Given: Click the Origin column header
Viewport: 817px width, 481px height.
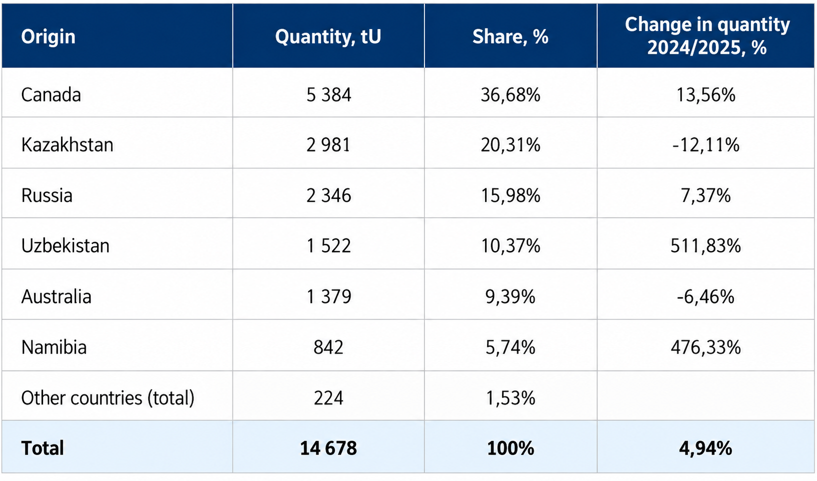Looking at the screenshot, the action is (48, 37).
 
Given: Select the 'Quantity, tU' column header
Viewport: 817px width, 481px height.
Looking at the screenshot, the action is (328, 37).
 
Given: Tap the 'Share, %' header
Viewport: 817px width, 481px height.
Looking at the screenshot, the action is (510, 36).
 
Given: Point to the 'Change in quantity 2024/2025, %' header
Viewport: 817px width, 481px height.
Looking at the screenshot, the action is (707, 35).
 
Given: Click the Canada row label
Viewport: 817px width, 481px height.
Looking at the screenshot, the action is (50, 95).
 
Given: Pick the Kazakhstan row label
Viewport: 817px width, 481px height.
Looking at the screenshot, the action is (67, 145).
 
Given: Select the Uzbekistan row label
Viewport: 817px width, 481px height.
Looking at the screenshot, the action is (65, 245).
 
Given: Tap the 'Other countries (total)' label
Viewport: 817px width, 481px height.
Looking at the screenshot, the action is (107, 398).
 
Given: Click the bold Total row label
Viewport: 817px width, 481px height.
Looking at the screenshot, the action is (42, 448).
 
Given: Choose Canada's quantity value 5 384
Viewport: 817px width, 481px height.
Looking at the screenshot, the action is (328, 95).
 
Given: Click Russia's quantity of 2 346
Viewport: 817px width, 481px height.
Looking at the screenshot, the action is (328, 195).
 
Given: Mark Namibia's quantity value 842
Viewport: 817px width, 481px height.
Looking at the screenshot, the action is (328, 347).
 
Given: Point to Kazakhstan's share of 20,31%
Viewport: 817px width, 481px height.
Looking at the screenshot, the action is (510, 145).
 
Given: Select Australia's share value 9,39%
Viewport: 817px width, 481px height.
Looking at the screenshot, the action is (510, 296).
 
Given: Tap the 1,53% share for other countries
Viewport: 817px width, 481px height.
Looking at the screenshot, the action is (510, 398).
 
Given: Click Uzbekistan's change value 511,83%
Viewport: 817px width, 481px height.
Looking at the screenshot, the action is (706, 246).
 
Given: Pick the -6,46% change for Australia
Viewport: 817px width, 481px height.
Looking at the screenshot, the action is (705, 296).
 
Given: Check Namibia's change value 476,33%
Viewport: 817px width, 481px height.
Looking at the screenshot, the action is (706, 347).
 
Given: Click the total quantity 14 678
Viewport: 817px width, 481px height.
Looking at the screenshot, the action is (328, 448).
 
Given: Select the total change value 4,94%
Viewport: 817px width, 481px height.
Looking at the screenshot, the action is (705, 448).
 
